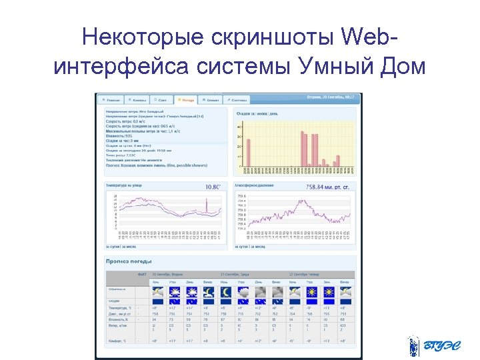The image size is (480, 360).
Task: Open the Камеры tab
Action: tap(136, 99)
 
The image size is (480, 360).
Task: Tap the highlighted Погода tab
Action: tap(185, 99)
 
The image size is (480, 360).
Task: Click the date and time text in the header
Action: tap(330, 97)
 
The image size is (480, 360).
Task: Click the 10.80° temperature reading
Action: tap(213, 187)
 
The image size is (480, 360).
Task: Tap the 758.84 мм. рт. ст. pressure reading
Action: tap(327, 187)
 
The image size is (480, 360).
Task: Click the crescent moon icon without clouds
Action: tap(226, 291)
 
